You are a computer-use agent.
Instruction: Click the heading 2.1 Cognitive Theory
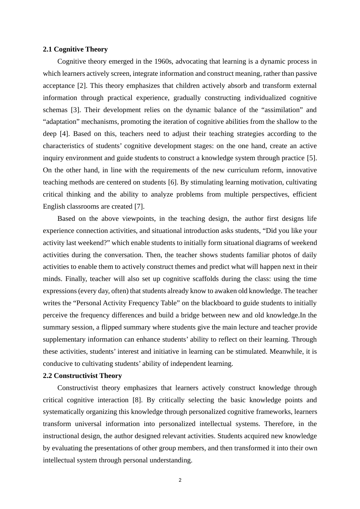(x=75, y=49)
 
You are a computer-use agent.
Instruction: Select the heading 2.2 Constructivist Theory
(x=82, y=376)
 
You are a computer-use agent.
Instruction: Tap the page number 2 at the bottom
(x=180, y=480)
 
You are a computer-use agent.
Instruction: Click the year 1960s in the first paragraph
(x=163, y=61)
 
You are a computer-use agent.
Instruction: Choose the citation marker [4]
(x=63, y=134)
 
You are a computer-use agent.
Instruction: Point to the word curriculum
(x=257, y=170)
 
